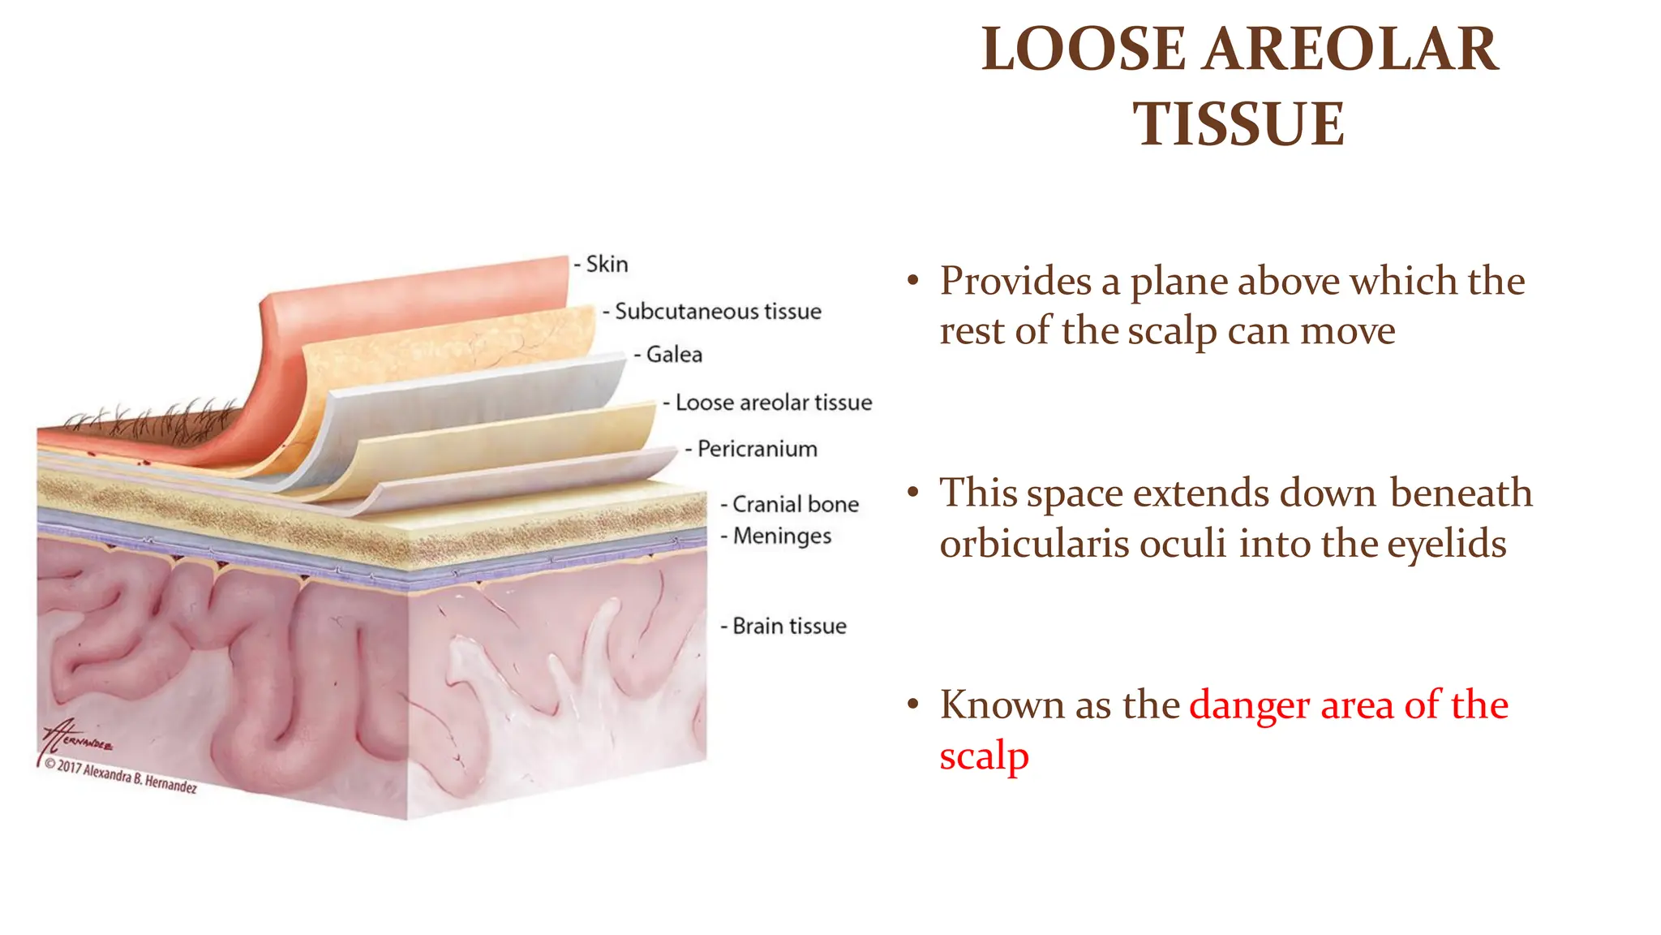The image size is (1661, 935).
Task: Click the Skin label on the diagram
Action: (x=607, y=265)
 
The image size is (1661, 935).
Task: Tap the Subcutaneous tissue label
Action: (x=718, y=312)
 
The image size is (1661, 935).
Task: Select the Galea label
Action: (x=674, y=355)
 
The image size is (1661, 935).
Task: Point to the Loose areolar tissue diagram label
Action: (x=773, y=403)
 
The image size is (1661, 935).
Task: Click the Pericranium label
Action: (x=757, y=449)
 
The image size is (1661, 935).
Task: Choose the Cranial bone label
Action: (x=795, y=504)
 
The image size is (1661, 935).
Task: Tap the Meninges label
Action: (x=782, y=536)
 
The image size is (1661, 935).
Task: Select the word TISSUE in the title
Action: (x=1238, y=124)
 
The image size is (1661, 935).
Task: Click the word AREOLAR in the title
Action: (x=1350, y=50)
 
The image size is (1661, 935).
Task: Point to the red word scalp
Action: (x=984, y=756)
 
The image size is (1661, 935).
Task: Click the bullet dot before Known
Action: (x=913, y=704)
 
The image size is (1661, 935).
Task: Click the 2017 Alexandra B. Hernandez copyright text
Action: (x=122, y=776)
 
